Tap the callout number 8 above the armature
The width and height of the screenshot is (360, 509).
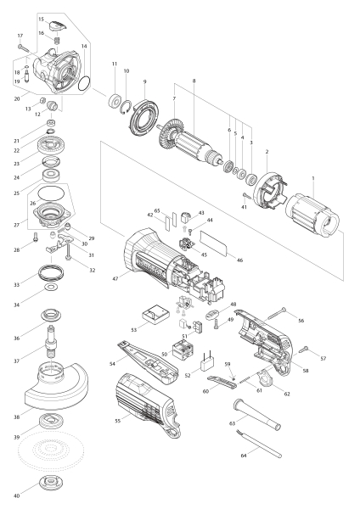pyautogui.click(x=194, y=81)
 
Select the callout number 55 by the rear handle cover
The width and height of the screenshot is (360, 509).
pyautogui.click(x=117, y=420)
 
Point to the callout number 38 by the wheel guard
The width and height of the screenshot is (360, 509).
pyautogui.click(x=40, y=417)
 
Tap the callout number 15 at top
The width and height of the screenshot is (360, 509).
pyautogui.click(x=40, y=18)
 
